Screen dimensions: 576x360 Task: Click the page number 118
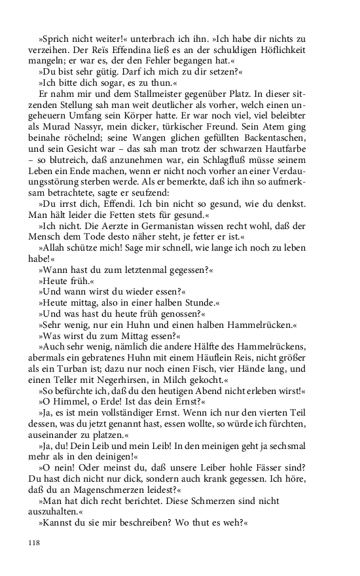point(35,543)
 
